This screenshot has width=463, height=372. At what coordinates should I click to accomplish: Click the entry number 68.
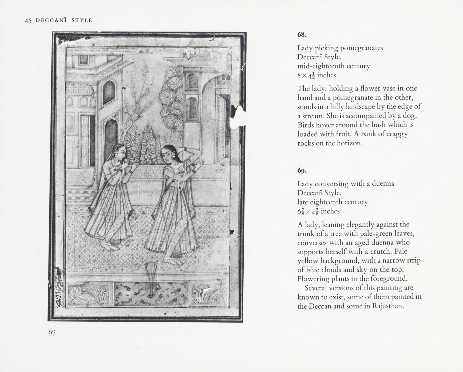pyautogui.click(x=302, y=35)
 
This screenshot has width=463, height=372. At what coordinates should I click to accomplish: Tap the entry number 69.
pyautogui.click(x=302, y=171)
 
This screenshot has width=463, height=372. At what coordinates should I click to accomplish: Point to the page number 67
pyautogui.click(x=52, y=332)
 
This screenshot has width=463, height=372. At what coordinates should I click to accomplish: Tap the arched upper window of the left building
pyautogui.click(x=109, y=92)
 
